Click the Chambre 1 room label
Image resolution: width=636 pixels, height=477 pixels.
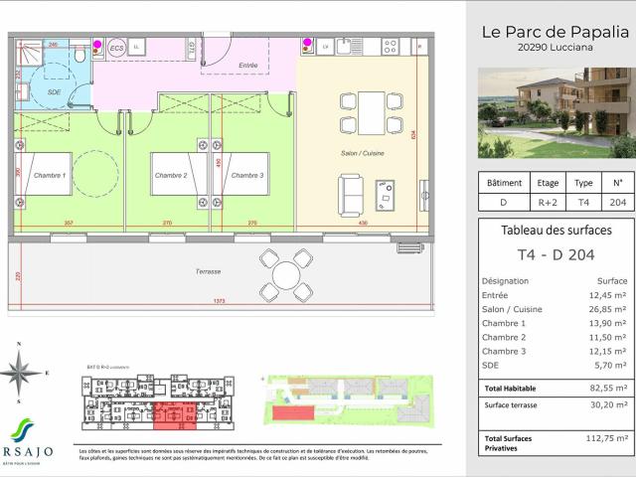point(49,175)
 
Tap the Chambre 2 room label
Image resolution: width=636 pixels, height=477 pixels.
point(170,175)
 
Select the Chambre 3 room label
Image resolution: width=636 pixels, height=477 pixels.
point(247,175)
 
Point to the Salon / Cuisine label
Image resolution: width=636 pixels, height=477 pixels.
point(364,154)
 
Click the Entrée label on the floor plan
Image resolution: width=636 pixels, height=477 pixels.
point(247,66)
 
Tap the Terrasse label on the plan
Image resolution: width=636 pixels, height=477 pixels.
point(208,270)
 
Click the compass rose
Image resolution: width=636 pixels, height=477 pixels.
point(20,374)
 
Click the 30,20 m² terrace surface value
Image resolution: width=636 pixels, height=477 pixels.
point(608,405)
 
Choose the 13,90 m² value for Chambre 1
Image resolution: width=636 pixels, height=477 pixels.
point(608,324)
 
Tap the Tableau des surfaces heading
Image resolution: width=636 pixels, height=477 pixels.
point(556,231)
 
